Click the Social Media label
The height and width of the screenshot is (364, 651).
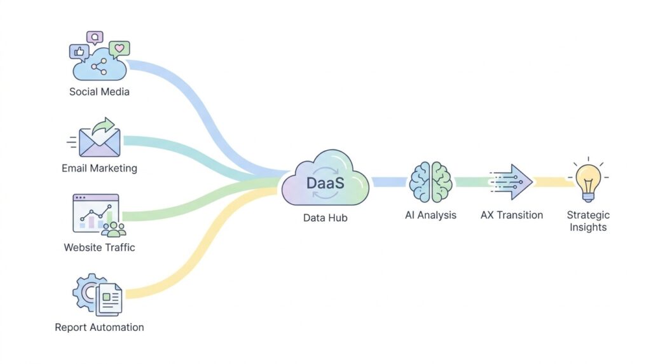pos(99,92)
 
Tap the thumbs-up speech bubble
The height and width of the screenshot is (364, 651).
pos(79,52)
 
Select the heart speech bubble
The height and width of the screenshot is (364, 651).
pos(119,49)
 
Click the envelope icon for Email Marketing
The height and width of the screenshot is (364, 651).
pos(100,142)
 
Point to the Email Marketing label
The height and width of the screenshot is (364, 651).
pos(99,168)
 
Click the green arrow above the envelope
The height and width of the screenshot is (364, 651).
pos(104,125)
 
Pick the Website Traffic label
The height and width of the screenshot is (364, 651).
pos(99,248)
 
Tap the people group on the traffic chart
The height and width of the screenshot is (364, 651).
pos(114,229)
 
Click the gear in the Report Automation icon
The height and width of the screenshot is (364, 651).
pos(86,292)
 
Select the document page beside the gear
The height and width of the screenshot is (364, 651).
pos(109,298)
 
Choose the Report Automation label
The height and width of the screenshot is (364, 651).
pos(99,328)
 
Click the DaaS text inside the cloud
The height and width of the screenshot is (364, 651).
pos(325,183)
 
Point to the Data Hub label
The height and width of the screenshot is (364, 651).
pos(325,218)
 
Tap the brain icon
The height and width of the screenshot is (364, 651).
pos(430,182)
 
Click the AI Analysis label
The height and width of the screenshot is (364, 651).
pos(430,215)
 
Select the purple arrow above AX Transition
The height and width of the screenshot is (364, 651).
pos(511,182)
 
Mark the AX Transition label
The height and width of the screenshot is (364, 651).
pos(512,215)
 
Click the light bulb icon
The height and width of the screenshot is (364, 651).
pos(588,182)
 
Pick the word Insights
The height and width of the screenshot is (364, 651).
pos(588,227)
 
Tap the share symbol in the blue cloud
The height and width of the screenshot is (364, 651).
pos(99,66)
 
